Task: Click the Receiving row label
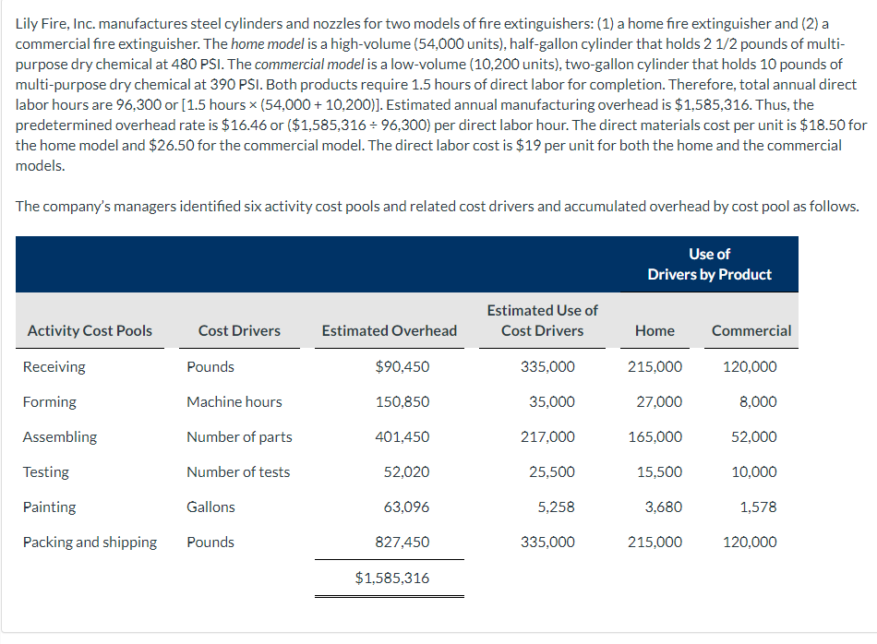(54, 366)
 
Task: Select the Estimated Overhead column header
(389, 330)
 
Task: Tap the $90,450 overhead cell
(402, 366)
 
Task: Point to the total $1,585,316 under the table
(391, 578)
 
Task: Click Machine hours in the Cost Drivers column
(234, 401)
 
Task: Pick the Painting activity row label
(50, 507)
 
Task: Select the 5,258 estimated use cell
(555, 507)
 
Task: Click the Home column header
(655, 330)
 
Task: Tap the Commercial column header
(751, 330)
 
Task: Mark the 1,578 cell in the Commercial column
(758, 507)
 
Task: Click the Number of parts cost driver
(239, 436)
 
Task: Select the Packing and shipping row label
(90, 542)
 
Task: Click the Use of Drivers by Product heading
(709, 264)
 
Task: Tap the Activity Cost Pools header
(90, 330)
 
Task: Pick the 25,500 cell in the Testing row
(551, 471)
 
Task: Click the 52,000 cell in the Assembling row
(753, 436)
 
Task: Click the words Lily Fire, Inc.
(56, 23)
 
